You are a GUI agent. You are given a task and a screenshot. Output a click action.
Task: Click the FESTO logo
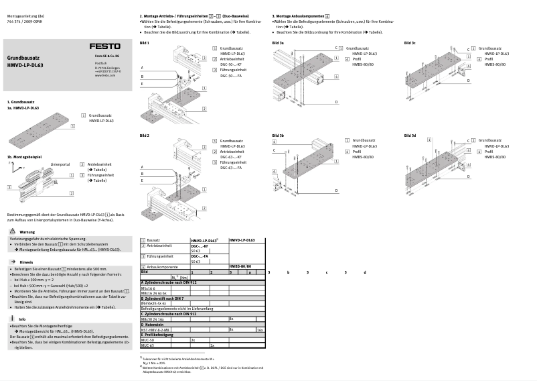[106, 46]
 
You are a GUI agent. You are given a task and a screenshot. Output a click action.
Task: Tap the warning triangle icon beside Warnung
[13, 232]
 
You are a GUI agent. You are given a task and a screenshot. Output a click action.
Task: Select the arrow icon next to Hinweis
[13, 262]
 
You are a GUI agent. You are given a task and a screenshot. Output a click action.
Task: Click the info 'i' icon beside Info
[13, 319]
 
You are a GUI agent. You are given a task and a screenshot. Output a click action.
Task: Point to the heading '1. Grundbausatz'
[21, 101]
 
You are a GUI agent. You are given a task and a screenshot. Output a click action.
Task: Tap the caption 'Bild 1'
[144, 43]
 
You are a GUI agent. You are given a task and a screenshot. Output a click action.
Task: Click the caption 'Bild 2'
[144, 135]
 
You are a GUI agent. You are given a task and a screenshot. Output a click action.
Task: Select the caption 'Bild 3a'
[278, 43]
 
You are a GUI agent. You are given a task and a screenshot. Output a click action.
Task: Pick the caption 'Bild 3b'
[278, 135]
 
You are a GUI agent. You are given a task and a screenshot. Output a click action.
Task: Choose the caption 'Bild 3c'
[410, 43]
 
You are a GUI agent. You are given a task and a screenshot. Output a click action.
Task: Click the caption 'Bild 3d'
[410, 135]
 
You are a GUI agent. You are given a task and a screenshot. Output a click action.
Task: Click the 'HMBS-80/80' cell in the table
[240, 266]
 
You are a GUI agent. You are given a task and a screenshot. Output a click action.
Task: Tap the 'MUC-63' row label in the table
[148, 345]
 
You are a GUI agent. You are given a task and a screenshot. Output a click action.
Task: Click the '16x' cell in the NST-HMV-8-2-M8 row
[260, 330]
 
